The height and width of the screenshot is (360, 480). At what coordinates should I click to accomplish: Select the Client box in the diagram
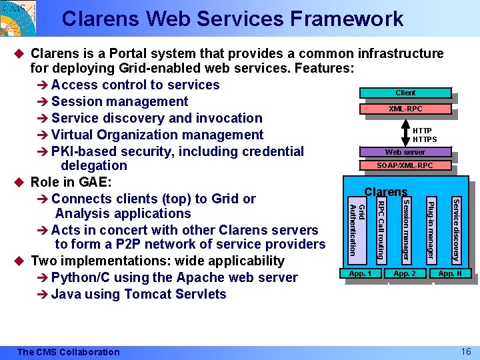click(x=405, y=93)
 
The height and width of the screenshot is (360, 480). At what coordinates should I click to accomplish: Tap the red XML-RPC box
click(x=405, y=109)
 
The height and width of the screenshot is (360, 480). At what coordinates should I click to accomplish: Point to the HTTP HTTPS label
click(x=425, y=135)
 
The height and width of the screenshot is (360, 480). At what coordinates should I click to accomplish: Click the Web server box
click(x=405, y=152)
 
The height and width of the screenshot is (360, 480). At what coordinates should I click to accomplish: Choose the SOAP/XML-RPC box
click(x=405, y=165)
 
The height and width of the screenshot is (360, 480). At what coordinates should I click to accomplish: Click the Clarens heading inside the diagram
click(x=385, y=192)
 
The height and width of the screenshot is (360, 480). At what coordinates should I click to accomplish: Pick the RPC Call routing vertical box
click(x=381, y=230)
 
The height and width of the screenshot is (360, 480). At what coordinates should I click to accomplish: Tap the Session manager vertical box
click(x=406, y=230)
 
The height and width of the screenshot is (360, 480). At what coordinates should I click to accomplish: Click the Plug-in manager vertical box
click(x=431, y=230)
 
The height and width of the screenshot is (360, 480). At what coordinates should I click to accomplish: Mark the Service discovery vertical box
click(x=456, y=230)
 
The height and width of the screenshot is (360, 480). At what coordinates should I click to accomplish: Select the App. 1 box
click(x=361, y=273)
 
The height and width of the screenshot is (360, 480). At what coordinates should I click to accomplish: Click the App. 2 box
click(x=405, y=273)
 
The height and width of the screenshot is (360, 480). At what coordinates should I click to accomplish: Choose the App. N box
click(x=450, y=273)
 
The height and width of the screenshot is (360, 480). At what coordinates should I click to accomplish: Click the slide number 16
click(x=466, y=351)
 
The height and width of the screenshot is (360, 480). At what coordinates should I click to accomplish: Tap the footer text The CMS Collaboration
click(x=69, y=352)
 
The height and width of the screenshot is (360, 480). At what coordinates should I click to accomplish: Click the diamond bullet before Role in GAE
click(x=22, y=182)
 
